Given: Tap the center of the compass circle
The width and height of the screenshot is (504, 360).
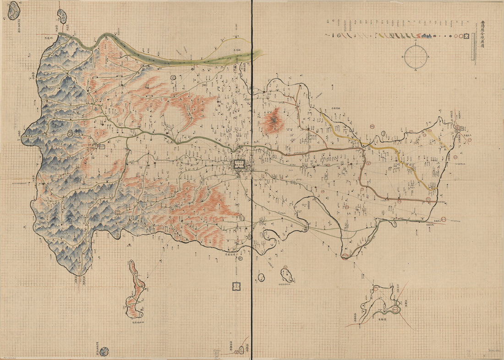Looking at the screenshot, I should point(416,57).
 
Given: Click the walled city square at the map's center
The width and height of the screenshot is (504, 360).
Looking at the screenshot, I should point(240,164).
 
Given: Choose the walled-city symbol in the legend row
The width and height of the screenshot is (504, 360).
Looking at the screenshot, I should point(467,36).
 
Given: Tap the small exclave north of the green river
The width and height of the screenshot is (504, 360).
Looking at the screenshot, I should point(61,17).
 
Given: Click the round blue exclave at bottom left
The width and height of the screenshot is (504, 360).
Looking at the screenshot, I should point(104,351).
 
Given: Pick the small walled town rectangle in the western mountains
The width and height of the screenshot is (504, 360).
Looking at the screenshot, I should point(101,146).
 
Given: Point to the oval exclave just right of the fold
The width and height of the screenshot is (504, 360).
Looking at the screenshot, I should point(287,275).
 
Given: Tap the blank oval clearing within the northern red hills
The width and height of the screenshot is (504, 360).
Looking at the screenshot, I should point(174,117).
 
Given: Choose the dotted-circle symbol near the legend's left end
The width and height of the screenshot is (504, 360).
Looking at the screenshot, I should point(339,35).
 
